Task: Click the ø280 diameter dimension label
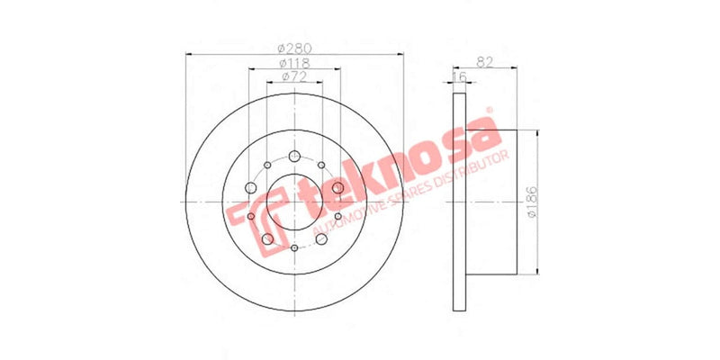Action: [x=293, y=47]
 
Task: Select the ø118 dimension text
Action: [x=293, y=64]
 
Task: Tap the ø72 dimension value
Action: [x=293, y=79]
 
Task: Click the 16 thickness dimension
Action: [x=461, y=78]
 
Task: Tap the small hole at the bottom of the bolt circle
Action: [x=294, y=247]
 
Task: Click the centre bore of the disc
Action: [x=294, y=202]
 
